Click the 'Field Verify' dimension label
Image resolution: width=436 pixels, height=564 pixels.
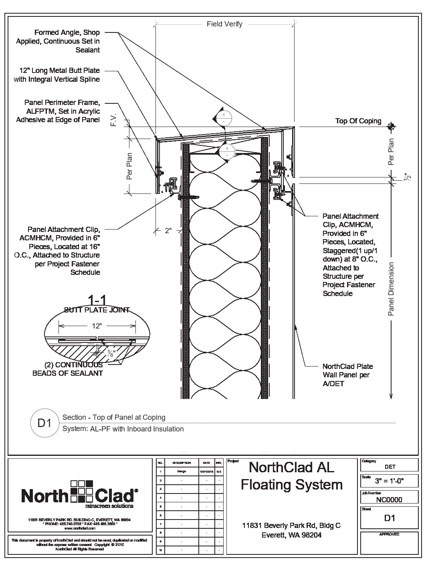coord(224,24)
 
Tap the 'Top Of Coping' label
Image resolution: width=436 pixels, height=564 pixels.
coord(358,121)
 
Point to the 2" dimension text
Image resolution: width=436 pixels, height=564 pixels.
coord(168,230)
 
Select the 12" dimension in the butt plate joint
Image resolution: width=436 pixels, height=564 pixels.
coord(96,326)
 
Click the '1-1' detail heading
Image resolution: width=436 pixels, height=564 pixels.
coord(97,301)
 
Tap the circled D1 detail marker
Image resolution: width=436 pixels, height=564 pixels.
coord(44,423)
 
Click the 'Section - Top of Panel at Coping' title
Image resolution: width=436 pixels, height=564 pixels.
coord(114,417)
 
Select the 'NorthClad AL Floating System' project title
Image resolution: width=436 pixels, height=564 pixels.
coord(291,476)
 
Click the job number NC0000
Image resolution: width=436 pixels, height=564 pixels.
coord(389,500)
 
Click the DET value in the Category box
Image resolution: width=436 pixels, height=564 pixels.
coord(390,466)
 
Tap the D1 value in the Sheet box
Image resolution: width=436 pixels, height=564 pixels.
coord(390,518)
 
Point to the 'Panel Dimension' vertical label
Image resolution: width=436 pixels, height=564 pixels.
coord(392,289)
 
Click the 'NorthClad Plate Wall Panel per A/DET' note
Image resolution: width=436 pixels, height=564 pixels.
coord(347,375)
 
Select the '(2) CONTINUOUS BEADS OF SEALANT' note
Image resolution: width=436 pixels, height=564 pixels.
coord(73,369)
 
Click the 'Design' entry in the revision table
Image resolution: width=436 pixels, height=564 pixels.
coord(181,471)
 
